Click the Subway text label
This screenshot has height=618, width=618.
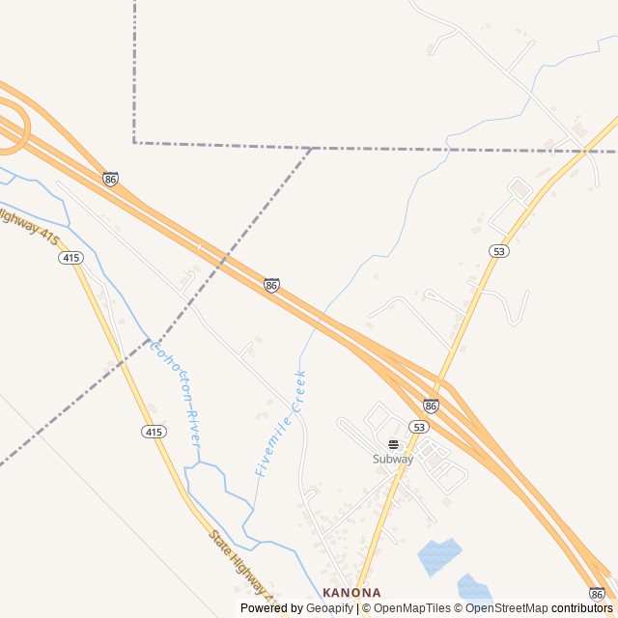(x=393, y=460)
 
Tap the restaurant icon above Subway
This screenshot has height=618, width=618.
(x=393, y=444)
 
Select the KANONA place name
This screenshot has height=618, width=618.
(x=351, y=592)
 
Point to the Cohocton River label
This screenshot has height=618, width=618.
(x=175, y=391)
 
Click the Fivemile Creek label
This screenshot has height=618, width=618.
(x=281, y=423)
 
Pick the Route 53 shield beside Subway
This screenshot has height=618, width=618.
(x=418, y=427)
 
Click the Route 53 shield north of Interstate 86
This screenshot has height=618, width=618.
(x=498, y=251)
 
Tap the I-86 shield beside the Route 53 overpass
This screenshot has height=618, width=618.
(x=431, y=406)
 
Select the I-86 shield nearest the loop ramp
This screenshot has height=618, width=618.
(x=111, y=179)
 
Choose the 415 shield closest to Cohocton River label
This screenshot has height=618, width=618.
(x=152, y=431)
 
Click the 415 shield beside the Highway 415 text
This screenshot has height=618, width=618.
(x=70, y=258)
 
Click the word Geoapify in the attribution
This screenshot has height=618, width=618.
(x=329, y=608)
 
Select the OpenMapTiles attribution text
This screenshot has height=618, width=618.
(x=412, y=608)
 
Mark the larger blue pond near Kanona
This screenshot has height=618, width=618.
(x=438, y=556)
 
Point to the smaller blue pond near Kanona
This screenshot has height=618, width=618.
(x=473, y=586)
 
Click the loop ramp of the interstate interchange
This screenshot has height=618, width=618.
(x=12, y=130)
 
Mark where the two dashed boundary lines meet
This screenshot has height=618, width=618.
(x=312, y=148)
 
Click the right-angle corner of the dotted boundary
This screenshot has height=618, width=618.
(x=134, y=143)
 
